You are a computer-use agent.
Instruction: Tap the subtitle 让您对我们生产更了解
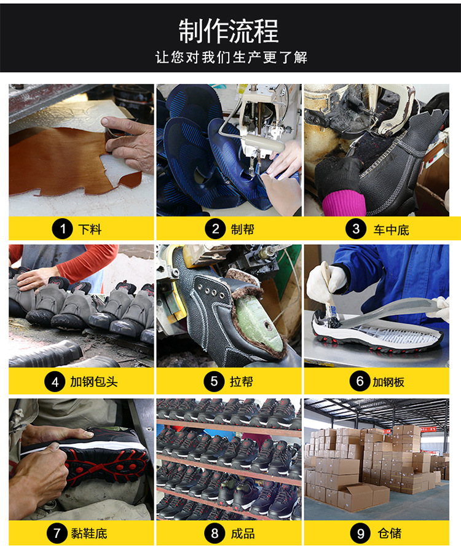[x=230, y=58]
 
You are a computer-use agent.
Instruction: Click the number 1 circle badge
[x=61, y=229]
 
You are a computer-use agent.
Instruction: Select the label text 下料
[x=90, y=230]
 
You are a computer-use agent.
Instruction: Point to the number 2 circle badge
[x=215, y=229]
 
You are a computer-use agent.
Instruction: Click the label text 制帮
[x=242, y=230]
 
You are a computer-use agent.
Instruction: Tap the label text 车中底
[x=390, y=230]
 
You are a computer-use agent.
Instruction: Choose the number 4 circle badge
[x=55, y=382]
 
